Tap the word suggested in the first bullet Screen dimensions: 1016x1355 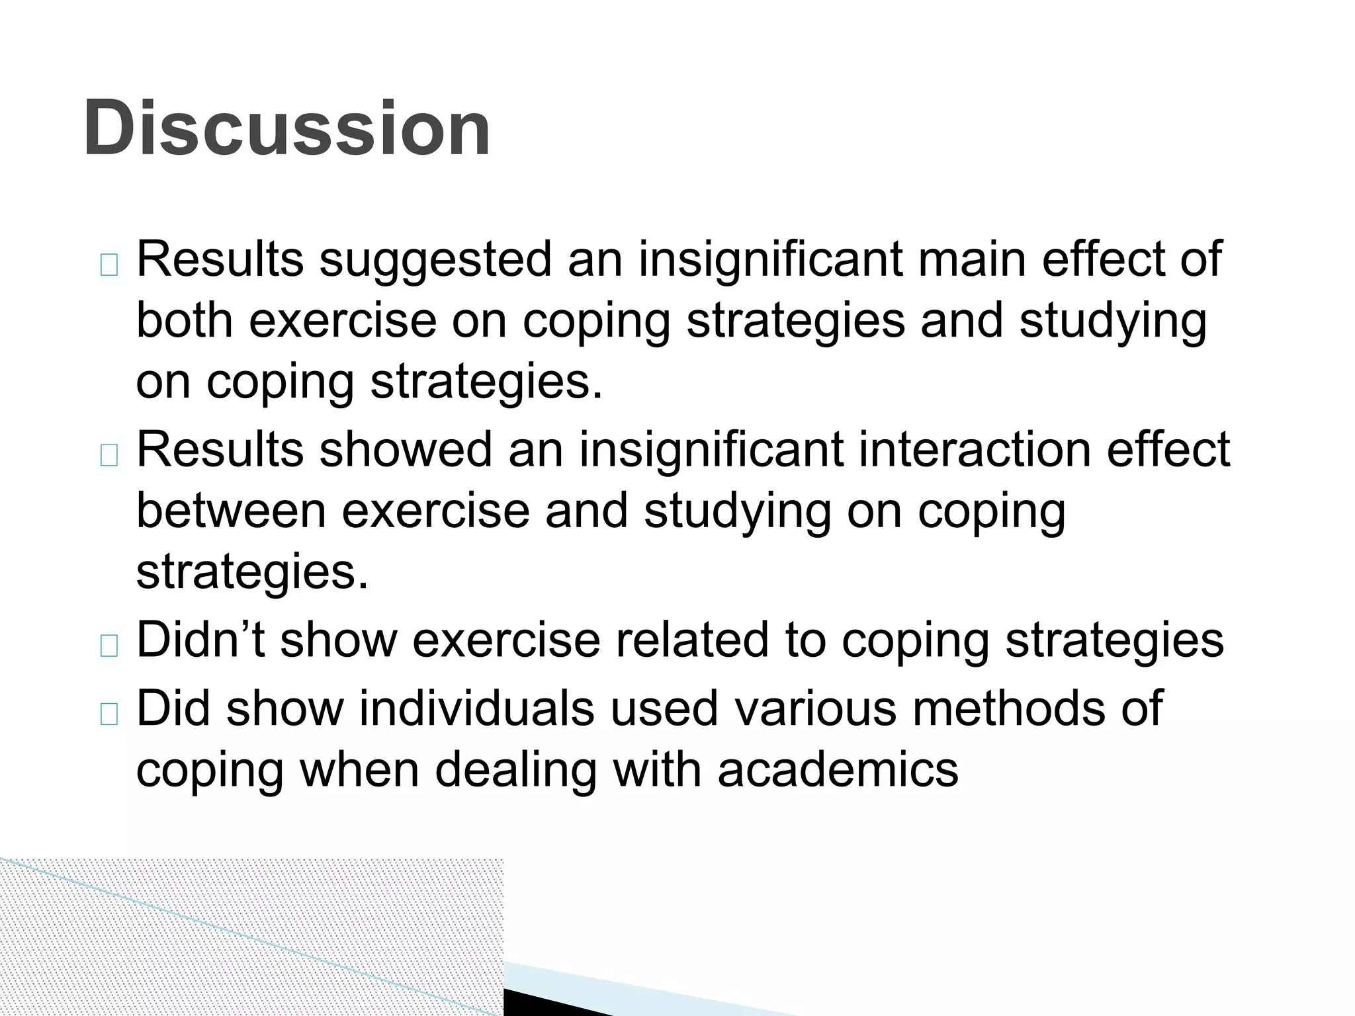tap(435, 259)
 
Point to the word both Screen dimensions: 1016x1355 tap(185, 320)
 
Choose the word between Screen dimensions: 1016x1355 tap(231, 511)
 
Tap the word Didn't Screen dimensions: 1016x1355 tap(200, 640)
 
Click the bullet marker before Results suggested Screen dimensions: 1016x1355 tap(109, 265)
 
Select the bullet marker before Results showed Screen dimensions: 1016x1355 tap(109, 455)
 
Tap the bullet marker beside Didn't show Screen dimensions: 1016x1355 tap(109, 646)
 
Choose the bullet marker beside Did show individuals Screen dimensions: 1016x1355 tap(109, 714)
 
